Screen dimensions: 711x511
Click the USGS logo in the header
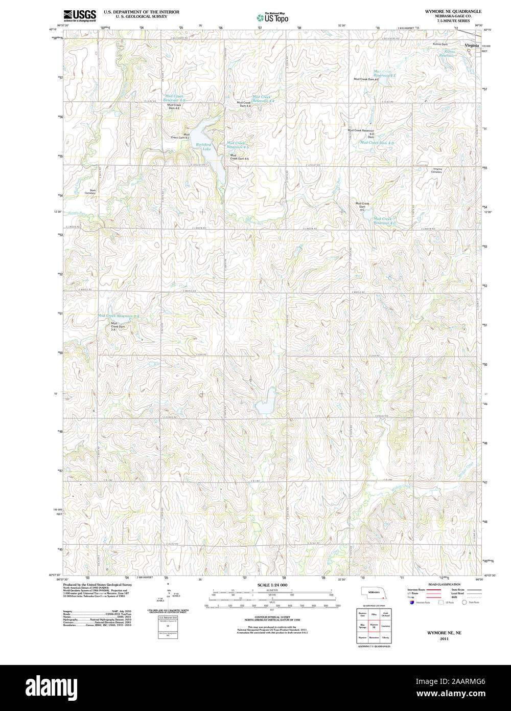[79, 15]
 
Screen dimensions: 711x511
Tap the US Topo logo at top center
[272, 17]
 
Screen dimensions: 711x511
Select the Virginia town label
[472, 46]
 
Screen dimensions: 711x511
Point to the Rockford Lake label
[203, 147]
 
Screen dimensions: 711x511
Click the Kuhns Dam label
[440, 44]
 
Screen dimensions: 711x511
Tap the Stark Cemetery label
[92, 191]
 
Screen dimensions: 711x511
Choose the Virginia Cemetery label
[437, 170]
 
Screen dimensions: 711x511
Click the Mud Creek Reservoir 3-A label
[119, 316]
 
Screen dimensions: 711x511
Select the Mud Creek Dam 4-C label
[362, 206]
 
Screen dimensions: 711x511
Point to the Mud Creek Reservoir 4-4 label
[264, 99]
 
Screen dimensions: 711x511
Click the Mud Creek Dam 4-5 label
[239, 157]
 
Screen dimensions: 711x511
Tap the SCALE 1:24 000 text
[272, 585]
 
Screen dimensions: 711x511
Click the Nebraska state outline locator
[374, 593]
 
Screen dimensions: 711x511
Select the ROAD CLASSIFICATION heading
[444, 584]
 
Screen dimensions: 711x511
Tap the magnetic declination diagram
[168, 596]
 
